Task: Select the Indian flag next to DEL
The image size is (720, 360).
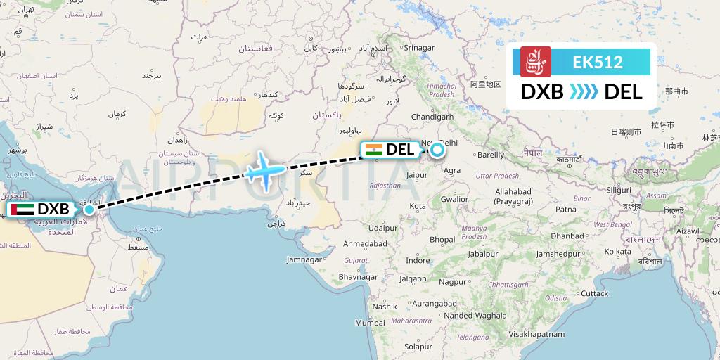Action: tap(373, 149)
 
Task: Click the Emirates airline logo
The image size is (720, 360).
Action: tap(536, 62)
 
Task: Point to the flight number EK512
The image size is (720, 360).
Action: tap(598, 62)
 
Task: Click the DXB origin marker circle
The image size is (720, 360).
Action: tap(89, 209)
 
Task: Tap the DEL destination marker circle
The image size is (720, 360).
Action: tap(437, 148)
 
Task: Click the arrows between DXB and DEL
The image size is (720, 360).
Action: tap(584, 91)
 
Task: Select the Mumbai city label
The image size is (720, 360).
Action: tap(370, 323)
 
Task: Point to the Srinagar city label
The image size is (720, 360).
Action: tap(419, 48)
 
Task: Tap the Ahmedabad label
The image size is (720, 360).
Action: tap(365, 243)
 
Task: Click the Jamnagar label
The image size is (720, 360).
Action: tap(304, 259)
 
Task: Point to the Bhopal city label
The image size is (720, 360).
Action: tap(442, 240)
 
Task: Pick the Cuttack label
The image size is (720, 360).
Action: tap(595, 292)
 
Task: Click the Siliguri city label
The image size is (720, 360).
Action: tap(619, 190)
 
